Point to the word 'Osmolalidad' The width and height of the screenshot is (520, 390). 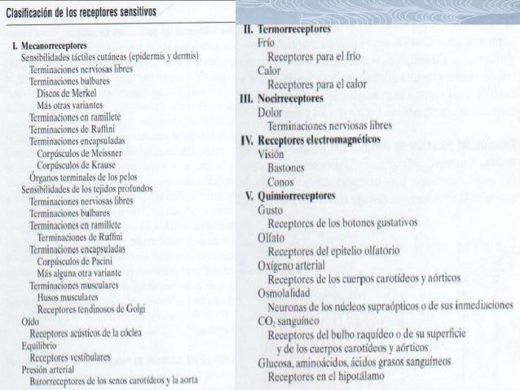[x=286, y=292]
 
